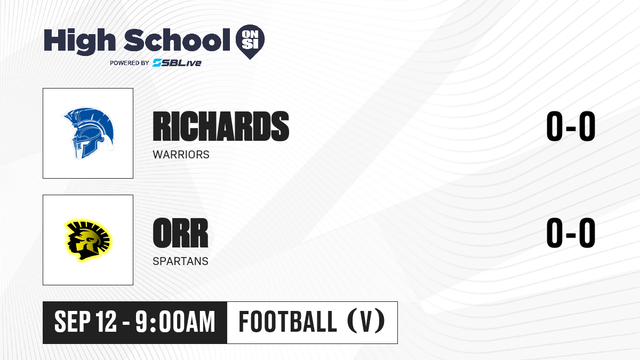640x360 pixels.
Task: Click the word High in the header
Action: point(80,42)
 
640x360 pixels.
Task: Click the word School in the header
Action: point(177,40)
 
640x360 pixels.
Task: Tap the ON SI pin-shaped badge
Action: point(250,42)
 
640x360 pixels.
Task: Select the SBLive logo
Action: point(177,62)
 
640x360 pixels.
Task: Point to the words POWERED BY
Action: point(130,63)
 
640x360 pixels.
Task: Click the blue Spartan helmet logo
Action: point(89,133)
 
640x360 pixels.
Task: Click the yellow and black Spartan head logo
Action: point(88,240)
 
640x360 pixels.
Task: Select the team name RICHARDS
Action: point(221,126)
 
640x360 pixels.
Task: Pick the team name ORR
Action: point(181,233)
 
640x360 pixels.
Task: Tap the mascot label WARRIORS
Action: point(181,155)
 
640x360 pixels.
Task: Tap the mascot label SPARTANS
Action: point(181,261)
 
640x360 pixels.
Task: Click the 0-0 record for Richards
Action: point(571,126)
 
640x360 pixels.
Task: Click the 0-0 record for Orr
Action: point(571,233)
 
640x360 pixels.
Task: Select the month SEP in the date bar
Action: point(73,322)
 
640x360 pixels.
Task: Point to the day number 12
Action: point(106,322)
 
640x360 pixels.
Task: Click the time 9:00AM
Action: point(175,322)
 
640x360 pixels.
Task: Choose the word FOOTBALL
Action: point(287,322)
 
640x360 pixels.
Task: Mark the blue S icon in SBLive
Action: point(157,62)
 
